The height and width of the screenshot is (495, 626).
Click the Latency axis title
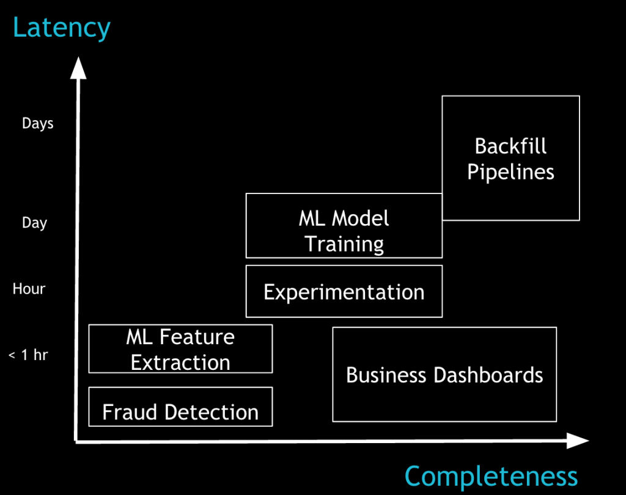[62, 28]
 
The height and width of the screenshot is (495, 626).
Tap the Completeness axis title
[491, 476]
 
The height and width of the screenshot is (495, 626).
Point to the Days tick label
[37, 123]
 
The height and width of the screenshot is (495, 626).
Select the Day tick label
[34, 222]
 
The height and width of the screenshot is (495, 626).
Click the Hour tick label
[29, 289]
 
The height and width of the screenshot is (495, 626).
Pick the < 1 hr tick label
[28, 354]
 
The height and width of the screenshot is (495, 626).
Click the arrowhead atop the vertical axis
[78, 68]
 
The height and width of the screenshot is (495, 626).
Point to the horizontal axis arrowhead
[578, 441]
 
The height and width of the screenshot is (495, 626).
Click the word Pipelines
[510, 173]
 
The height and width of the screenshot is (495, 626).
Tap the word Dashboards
[488, 375]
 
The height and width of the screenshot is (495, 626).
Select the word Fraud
[130, 412]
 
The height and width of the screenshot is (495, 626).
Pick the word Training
[344, 244]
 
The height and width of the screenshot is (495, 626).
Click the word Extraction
[180, 363]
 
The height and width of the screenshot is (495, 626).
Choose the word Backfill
[510, 146]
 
